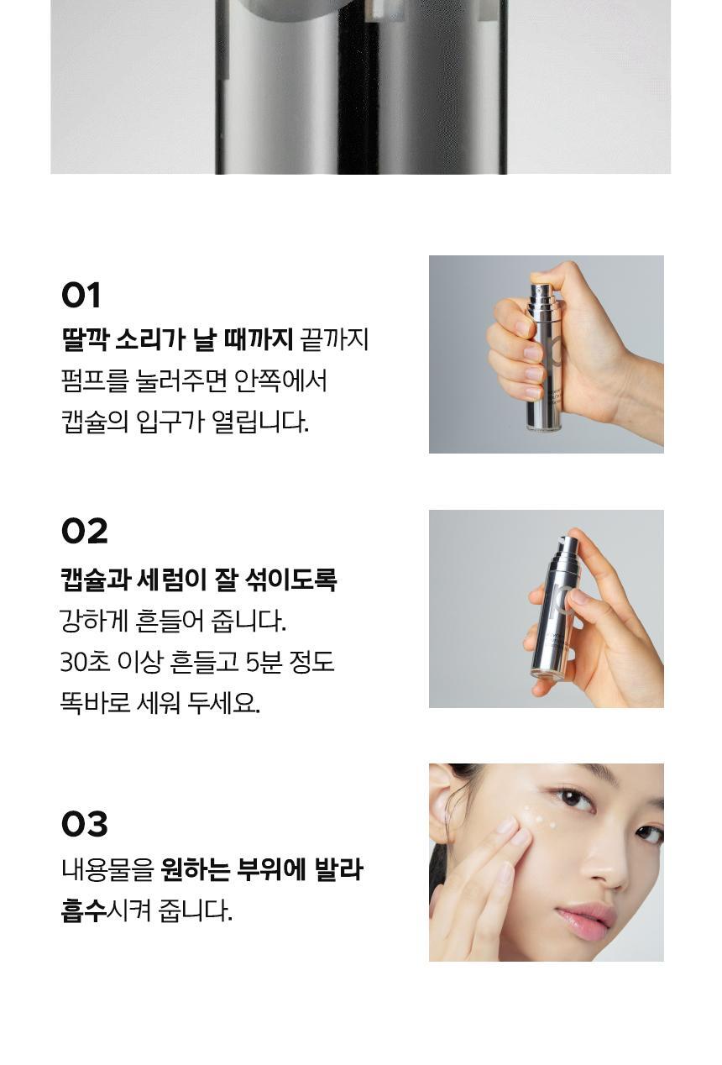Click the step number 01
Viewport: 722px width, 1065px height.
click(81, 296)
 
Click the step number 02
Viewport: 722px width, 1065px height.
click(84, 531)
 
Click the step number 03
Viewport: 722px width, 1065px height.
click(84, 824)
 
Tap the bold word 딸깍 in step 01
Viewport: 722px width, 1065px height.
click(85, 340)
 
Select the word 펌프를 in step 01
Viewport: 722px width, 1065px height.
click(95, 380)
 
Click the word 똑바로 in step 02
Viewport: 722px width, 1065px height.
click(95, 703)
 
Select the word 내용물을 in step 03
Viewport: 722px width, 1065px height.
click(107, 870)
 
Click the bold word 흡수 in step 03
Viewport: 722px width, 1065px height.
click(83, 911)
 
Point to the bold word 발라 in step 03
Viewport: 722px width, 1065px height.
click(339, 870)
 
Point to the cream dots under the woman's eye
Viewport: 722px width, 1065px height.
click(540, 817)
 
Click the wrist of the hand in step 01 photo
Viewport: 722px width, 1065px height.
click(637, 400)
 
